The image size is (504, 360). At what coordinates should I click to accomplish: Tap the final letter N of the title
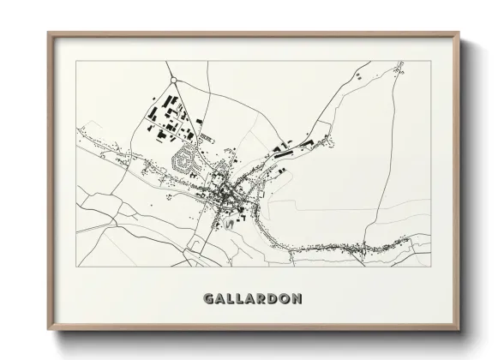[295, 299]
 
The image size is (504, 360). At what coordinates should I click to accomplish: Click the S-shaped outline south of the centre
[229, 224]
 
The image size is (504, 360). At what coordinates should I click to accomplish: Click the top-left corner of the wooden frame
[49, 33]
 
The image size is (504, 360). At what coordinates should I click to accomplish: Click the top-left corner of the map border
[76, 62]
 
